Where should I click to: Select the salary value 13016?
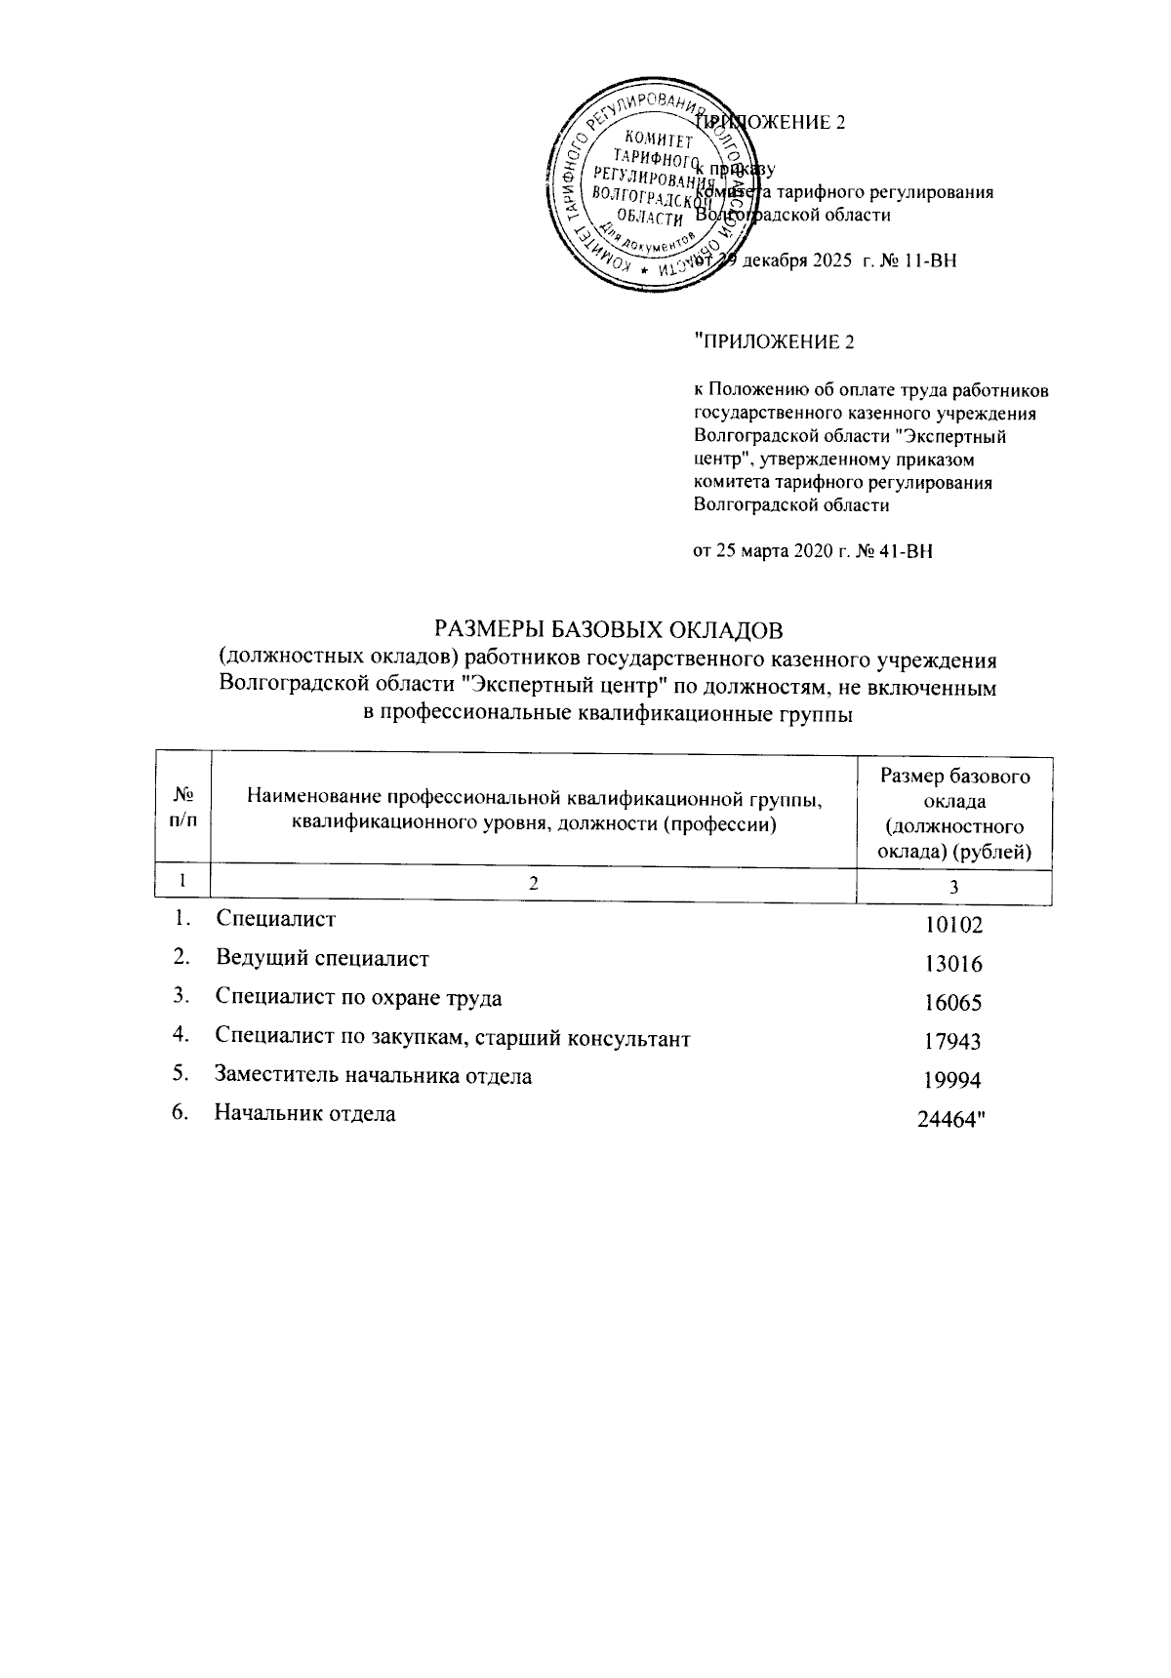point(952,965)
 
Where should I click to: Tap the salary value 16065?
point(952,1003)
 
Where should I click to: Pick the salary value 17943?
point(952,1042)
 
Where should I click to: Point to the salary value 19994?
point(952,1080)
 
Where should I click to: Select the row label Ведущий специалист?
point(323,958)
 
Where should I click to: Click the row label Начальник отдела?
point(305,1113)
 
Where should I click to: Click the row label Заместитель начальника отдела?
point(374,1075)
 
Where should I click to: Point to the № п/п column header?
point(182,808)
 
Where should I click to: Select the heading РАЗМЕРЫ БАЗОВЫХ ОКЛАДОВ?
point(609,625)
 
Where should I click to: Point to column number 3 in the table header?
point(953,887)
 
